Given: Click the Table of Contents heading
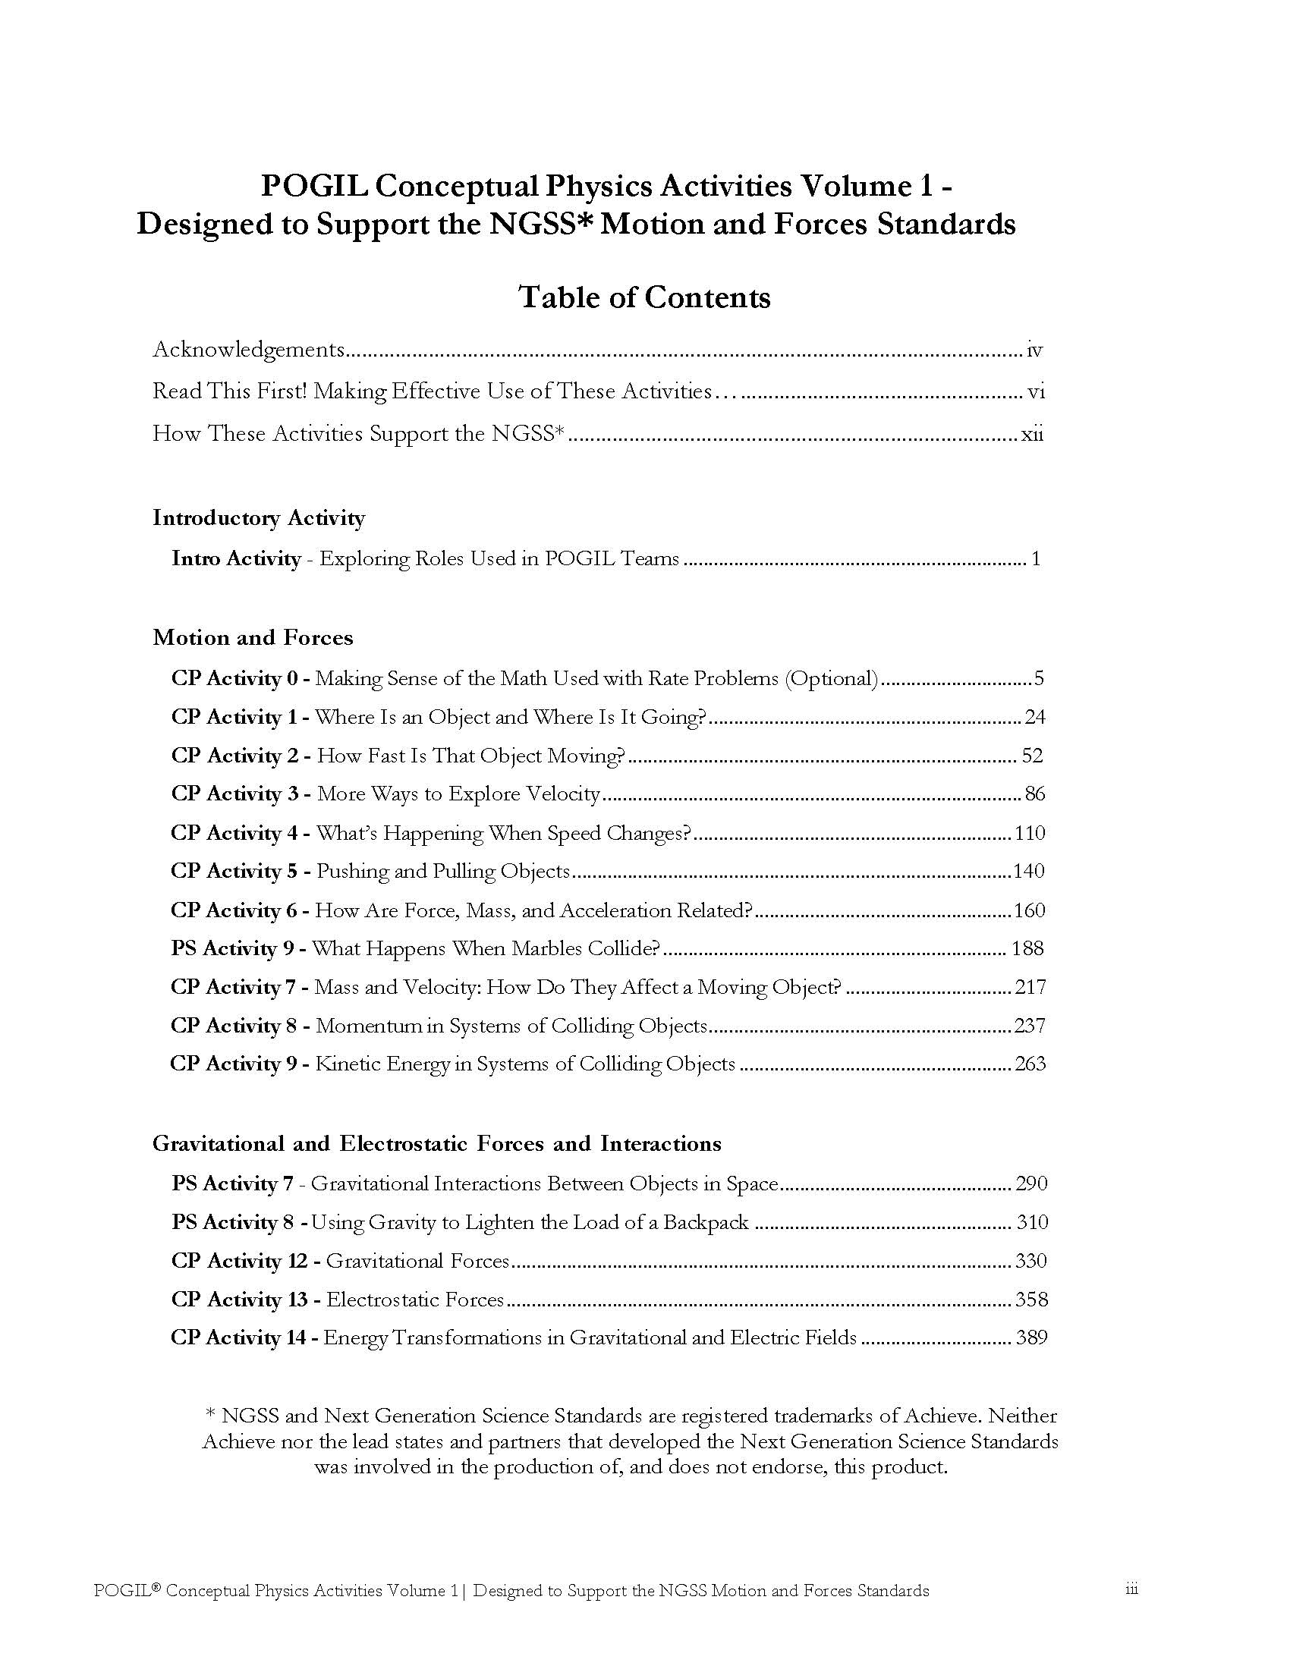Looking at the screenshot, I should click(x=644, y=297).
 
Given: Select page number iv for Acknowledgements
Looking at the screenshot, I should click(x=1035, y=350).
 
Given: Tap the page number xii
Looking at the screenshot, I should click(x=1033, y=435).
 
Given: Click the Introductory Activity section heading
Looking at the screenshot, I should click(x=258, y=518).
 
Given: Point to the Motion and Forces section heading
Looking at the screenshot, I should click(x=253, y=637).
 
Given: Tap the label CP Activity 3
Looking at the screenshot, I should click(x=234, y=794).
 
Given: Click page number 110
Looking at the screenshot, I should click(x=1030, y=833).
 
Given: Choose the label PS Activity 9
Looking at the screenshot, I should click(x=232, y=948).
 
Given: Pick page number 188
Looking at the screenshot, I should click(x=1027, y=948).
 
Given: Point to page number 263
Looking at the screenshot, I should click(x=1030, y=1064).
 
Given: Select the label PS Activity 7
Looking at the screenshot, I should click(x=231, y=1183).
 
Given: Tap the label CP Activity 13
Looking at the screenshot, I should click(x=238, y=1299).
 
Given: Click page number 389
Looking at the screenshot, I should click(x=1031, y=1337).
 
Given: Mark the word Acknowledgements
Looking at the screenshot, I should click(x=249, y=350).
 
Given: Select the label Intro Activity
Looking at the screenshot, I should click(x=235, y=558).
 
